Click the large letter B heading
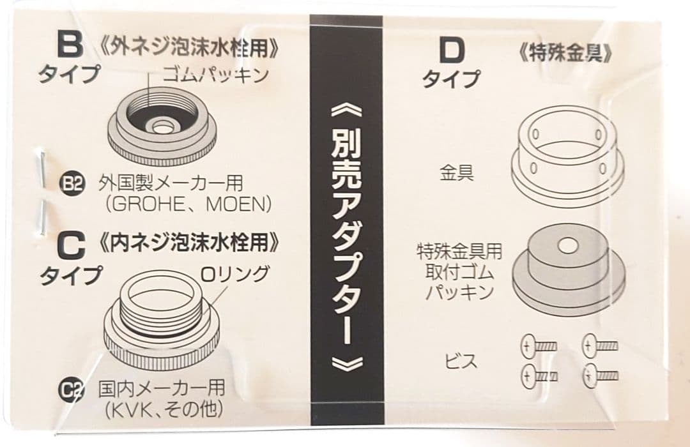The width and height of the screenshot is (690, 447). (x=68, y=46)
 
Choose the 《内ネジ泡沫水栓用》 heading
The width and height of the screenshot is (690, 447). (x=190, y=243)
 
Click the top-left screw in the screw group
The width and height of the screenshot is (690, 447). (x=539, y=347)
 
